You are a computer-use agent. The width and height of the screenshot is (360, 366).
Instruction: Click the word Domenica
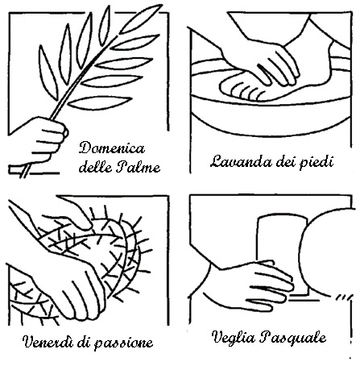(112, 148)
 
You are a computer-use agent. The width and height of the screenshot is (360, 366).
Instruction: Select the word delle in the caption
(96, 167)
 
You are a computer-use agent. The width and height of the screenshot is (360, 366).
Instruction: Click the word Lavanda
(239, 161)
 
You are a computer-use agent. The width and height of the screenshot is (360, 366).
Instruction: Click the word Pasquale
(293, 338)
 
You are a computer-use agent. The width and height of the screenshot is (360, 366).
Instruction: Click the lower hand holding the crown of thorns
(75, 290)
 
